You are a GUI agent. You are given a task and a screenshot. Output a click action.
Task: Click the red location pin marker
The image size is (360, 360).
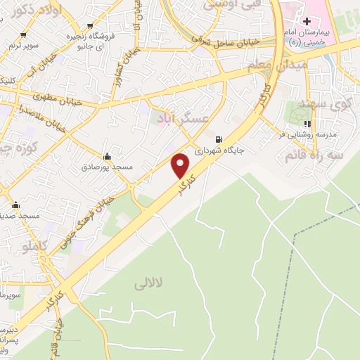(x=181, y=165)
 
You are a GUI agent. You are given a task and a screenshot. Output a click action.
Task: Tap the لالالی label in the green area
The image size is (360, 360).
(x=148, y=283)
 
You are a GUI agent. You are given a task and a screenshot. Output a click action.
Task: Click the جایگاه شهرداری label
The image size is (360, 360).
(x=219, y=150)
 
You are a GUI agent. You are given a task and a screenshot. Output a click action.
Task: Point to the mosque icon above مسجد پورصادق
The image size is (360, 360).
(x=107, y=156)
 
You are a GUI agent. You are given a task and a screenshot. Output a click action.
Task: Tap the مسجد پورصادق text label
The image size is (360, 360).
(x=107, y=167)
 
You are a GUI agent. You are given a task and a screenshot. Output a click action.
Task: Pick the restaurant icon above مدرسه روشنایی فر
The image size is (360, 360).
(x=307, y=124)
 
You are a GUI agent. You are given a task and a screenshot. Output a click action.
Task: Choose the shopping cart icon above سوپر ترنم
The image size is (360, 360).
(x=23, y=34)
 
